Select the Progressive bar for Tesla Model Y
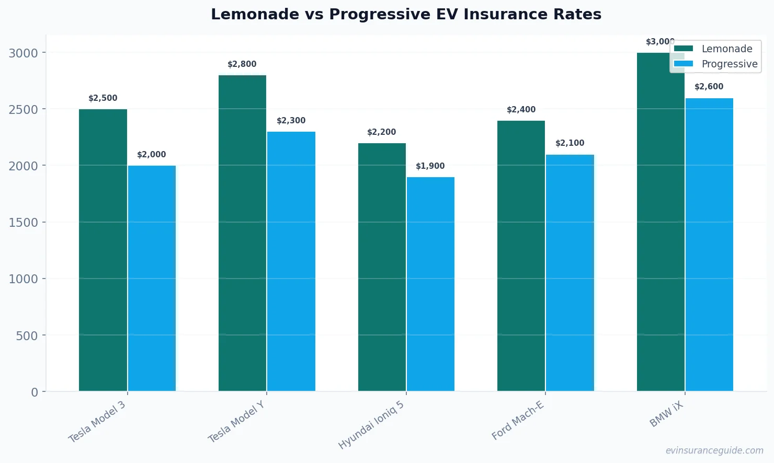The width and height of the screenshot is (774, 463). (291, 261)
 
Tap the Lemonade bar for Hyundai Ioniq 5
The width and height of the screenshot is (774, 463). (382, 267)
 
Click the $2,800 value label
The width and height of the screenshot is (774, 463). (242, 64)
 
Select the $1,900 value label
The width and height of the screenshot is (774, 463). (430, 166)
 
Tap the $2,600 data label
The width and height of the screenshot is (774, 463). (709, 87)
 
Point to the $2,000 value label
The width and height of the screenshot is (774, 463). (151, 155)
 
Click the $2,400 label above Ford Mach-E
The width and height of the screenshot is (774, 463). (521, 110)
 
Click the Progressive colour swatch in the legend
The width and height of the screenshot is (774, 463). (683, 64)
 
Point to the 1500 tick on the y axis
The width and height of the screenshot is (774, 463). (23, 223)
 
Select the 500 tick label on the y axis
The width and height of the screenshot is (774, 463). (27, 336)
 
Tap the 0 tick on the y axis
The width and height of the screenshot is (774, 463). (35, 392)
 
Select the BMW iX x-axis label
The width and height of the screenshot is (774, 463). (666, 415)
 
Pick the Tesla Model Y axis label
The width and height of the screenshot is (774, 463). (236, 422)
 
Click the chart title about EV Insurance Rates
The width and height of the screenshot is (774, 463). (406, 14)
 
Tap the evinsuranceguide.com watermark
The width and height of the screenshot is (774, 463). (714, 450)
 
